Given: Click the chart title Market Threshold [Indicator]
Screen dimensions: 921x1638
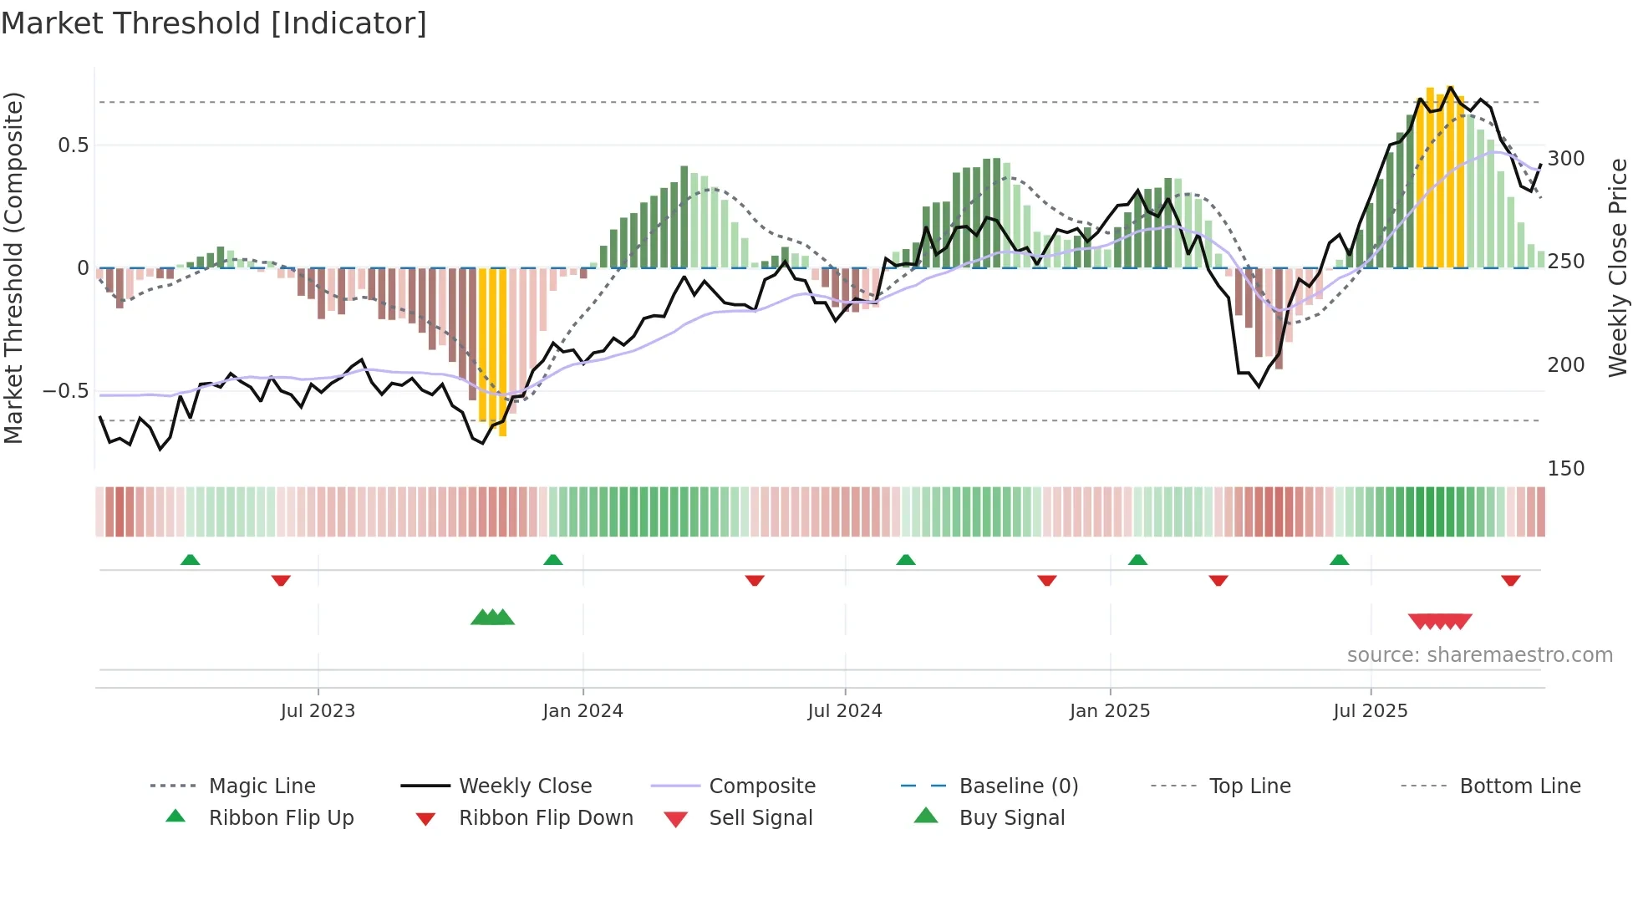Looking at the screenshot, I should coord(214,23).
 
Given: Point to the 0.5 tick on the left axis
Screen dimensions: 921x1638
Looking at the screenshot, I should coord(73,145).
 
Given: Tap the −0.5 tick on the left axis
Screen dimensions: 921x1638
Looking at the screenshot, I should coord(66,391).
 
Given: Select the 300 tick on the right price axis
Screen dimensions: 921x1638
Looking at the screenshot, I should coord(1565,159).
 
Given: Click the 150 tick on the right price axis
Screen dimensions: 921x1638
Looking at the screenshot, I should coord(1565,469).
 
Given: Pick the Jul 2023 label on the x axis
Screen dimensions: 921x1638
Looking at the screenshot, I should coord(318,711).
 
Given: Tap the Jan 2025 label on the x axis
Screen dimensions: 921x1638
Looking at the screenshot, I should coord(1109,711).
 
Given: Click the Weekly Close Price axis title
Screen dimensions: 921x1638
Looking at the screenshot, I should coord(1618,267).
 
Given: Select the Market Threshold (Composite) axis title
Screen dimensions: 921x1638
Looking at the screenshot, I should coord(13,267).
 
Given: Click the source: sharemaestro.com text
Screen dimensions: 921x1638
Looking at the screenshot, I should coord(1479,655).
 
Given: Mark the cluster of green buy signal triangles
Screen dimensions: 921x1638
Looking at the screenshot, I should coord(492,618).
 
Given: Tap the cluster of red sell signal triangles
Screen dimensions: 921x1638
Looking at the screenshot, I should coord(1439,621).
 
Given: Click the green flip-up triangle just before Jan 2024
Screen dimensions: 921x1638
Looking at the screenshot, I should coord(552,560).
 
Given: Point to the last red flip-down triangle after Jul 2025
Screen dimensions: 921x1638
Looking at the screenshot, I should coord(1510,580).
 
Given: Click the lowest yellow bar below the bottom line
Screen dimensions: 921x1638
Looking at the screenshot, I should coord(502,430).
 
